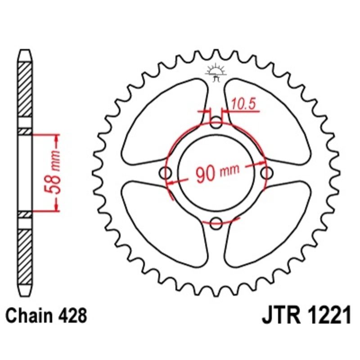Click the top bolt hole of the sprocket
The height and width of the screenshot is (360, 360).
click(x=216, y=122)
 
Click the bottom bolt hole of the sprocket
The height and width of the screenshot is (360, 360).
click(x=216, y=221)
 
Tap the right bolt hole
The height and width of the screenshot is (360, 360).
click(x=267, y=172)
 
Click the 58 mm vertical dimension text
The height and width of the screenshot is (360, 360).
click(x=55, y=172)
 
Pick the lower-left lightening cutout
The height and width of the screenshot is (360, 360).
click(x=164, y=223)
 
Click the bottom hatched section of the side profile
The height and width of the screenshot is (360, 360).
click(x=25, y=256)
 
